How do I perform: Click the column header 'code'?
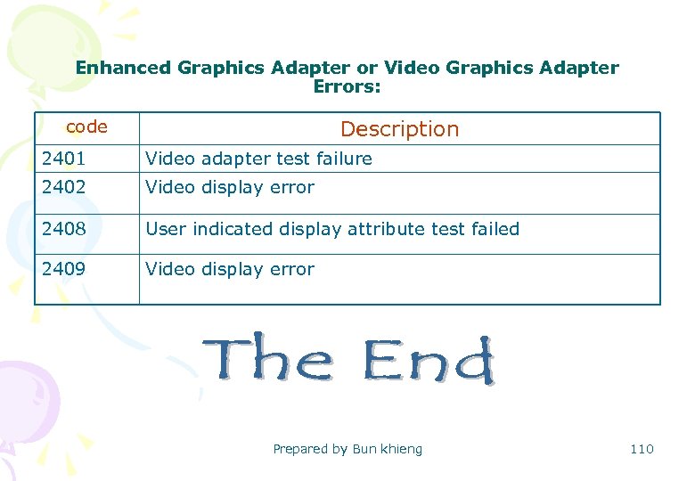(x=86, y=126)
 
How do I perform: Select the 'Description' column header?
(x=399, y=129)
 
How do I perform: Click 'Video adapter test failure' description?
(x=258, y=159)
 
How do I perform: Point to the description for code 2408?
(x=332, y=229)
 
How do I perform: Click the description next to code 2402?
(x=230, y=187)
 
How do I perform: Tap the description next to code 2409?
(x=230, y=269)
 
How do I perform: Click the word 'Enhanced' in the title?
(x=123, y=68)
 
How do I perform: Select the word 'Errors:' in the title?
(x=347, y=86)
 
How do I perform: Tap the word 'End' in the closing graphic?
(x=429, y=360)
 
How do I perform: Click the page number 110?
(x=642, y=449)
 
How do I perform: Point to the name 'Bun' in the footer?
(x=364, y=449)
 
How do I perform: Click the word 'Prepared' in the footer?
(x=299, y=450)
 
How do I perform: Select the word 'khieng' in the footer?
(x=402, y=449)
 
